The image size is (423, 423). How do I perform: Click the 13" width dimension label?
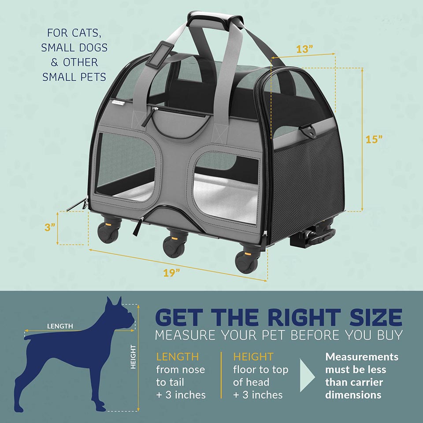click(304, 49)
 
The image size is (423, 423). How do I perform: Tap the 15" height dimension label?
click(374, 139)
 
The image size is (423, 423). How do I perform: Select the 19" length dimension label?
click(171, 273)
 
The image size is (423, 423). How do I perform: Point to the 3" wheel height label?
click(50, 227)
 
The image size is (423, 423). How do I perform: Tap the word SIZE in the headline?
click(376, 318)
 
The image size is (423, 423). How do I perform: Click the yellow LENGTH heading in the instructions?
click(177, 356)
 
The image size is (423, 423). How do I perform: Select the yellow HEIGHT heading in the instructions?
click(253, 356)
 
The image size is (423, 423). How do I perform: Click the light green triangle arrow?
click(307, 375)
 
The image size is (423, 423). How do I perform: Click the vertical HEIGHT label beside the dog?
click(133, 356)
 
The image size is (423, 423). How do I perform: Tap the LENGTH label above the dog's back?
click(60, 326)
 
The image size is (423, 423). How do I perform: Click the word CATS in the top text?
click(87, 33)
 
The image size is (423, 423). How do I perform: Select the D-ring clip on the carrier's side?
click(308, 130)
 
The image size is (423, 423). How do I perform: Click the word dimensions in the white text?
click(353, 395)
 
